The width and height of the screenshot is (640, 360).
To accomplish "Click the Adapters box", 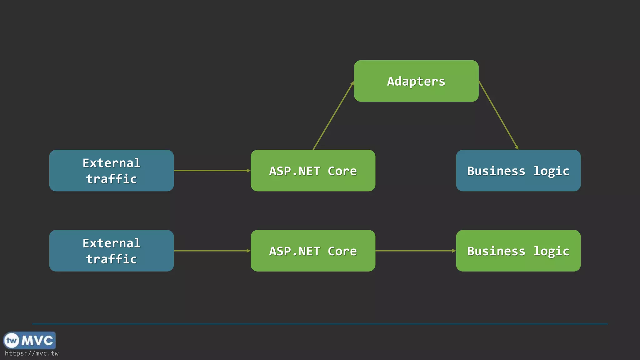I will pyautogui.click(x=416, y=81).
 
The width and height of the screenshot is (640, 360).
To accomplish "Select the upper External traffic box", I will pyautogui.click(x=111, y=170).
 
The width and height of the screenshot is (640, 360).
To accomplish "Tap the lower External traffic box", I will pyautogui.click(x=111, y=251).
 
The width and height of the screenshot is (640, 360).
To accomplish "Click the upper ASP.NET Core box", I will pyautogui.click(x=313, y=170).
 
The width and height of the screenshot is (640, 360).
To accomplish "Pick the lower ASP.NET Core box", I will pyautogui.click(x=313, y=251).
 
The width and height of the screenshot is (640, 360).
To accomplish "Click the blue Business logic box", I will pyautogui.click(x=518, y=170).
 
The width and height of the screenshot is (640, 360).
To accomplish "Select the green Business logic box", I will pyautogui.click(x=518, y=251).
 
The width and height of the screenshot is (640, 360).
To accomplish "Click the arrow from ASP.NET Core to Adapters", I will pyautogui.click(x=333, y=116).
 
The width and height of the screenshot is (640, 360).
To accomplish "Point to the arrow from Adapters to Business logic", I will pyautogui.click(x=498, y=115).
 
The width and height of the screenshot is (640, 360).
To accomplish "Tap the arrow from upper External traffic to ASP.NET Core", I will pyautogui.click(x=212, y=171).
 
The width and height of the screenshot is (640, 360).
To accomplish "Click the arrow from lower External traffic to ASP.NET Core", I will pyautogui.click(x=212, y=251).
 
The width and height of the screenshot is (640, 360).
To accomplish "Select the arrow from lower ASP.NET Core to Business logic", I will pyautogui.click(x=415, y=251).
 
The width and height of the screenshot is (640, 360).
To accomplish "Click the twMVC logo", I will pyautogui.click(x=29, y=340).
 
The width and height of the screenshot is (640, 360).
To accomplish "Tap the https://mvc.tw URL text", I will pyautogui.click(x=32, y=353).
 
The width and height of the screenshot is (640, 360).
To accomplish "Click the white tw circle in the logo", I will pyautogui.click(x=12, y=340).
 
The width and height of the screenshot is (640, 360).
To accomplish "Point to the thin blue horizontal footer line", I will pyautogui.click(x=320, y=324).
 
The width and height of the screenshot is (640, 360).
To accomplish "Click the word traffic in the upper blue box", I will pyautogui.click(x=111, y=179).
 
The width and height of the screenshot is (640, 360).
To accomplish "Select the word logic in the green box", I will pyautogui.click(x=551, y=251).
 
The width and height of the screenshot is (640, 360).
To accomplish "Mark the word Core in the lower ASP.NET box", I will pyautogui.click(x=342, y=251).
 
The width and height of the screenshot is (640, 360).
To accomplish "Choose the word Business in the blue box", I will pyautogui.click(x=496, y=171).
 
